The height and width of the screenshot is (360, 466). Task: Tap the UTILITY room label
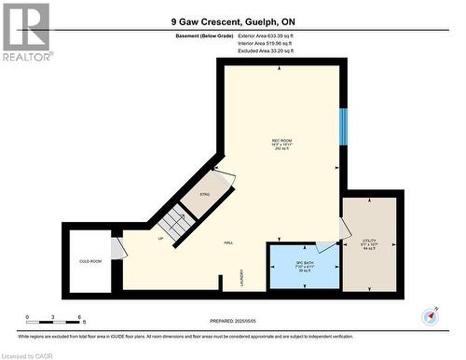(368, 241)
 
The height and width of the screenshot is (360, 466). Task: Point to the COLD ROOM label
(89, 262)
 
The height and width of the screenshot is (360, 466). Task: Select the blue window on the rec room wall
(343, 126)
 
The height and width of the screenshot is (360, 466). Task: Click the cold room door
(116, 248)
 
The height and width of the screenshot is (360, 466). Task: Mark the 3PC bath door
(327, 246)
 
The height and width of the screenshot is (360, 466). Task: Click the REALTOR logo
(25, 32)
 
